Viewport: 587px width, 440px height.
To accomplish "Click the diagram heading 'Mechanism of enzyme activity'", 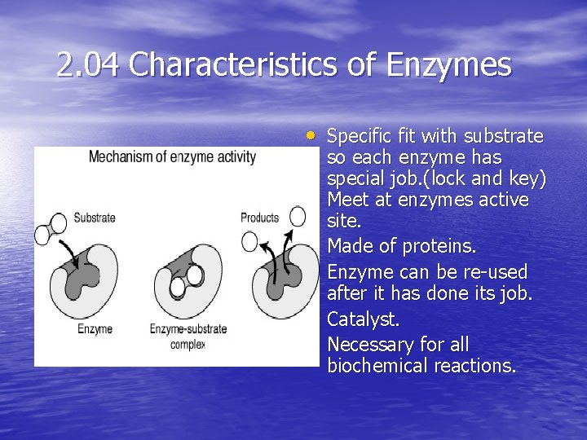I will point(172,156).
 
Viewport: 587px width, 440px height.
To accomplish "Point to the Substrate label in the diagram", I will point(94,218).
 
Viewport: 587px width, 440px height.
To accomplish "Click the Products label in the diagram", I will point(259,218).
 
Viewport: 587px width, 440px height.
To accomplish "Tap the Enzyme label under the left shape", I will point(95,328).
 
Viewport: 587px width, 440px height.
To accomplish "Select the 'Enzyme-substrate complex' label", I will point(188,336).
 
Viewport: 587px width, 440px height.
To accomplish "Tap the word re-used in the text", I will point(495,272).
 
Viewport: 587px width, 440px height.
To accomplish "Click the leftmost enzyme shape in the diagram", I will point(86,282).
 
